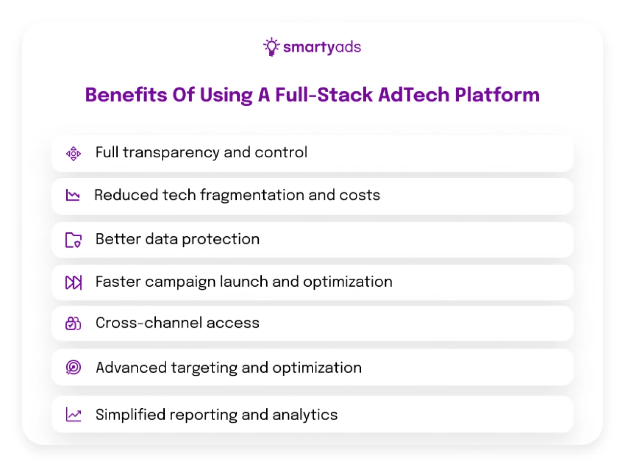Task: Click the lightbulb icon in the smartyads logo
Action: point(271,47)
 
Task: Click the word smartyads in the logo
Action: point(322,47)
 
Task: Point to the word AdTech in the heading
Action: point(414,95)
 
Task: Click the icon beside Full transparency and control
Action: point(74,154)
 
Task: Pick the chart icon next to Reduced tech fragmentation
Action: point(73,196)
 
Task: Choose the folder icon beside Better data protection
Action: point(74,240)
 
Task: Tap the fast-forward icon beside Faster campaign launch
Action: point(74,283)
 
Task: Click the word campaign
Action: point(180,282)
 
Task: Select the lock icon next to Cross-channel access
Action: point(73,323)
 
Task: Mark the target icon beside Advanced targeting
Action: point(74,368)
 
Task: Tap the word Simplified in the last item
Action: point(130,415)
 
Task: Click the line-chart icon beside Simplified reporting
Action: point(74,415)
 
